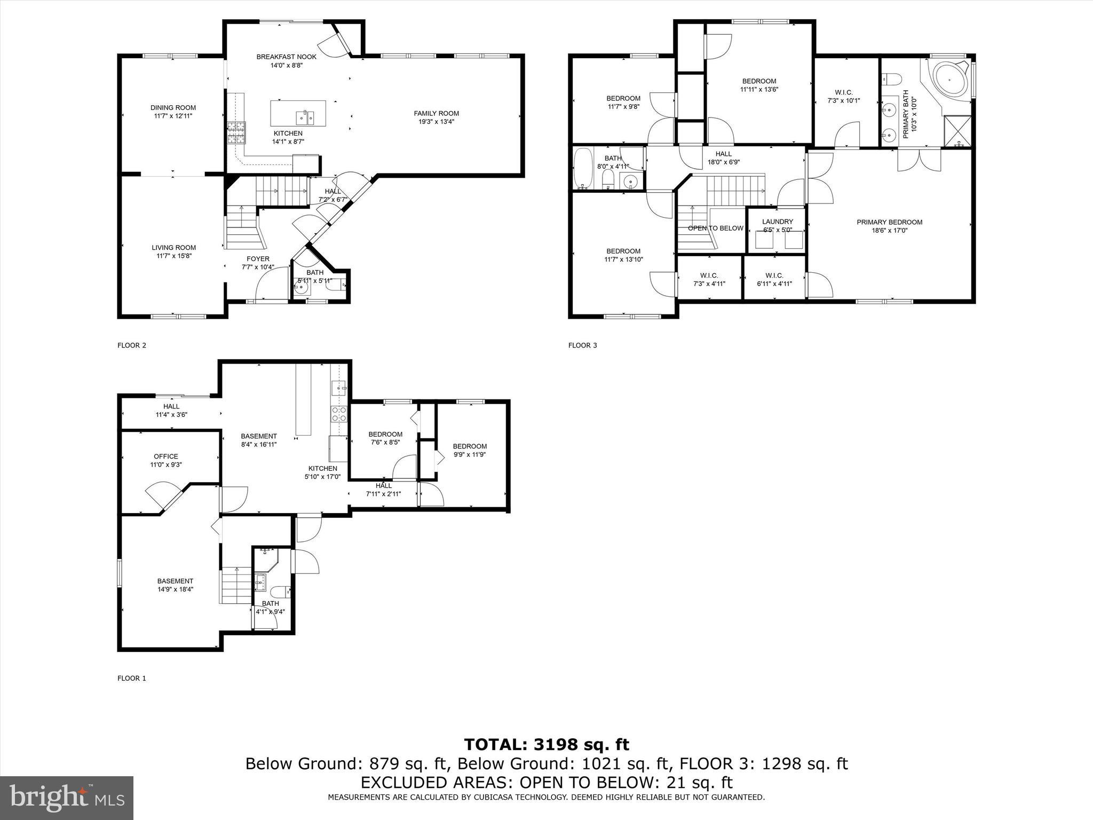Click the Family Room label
coord(436,113)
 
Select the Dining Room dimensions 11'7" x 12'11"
coord(173,116)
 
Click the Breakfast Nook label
coord(286,57)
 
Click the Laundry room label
coord(777,222)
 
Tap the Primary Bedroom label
coord(889,222)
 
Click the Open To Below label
coord(715,228)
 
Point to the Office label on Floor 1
coord(166,456)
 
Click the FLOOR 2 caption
coord(131,345)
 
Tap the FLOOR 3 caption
coord(582,345)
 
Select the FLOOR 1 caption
coord(131,679)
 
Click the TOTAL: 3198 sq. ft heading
coord(546,744)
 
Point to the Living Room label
coord(173,247)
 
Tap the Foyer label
coord(258,259)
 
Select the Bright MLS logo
coord(67,798)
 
